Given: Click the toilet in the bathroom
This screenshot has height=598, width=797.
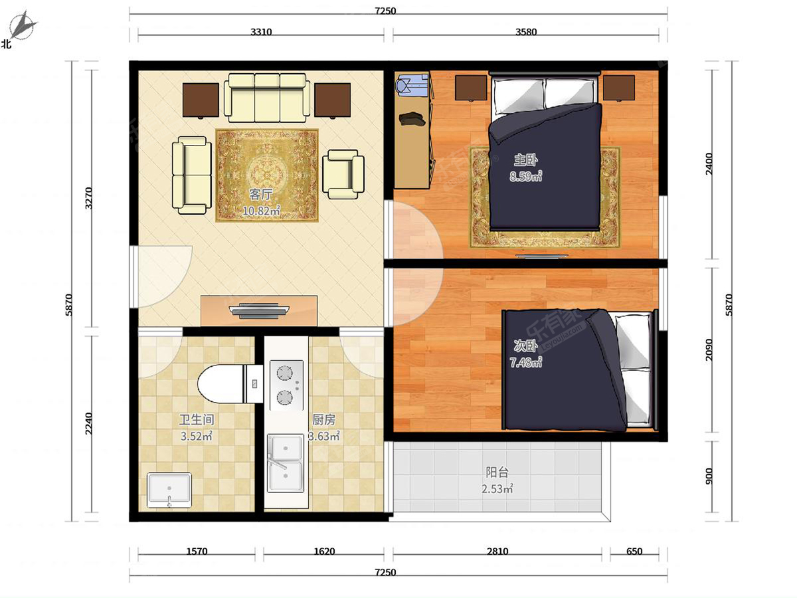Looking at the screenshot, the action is [x=230, y=384].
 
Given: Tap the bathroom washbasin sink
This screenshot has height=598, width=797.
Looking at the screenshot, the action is [x=169, y=490].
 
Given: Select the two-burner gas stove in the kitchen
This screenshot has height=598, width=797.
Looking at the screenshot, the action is [x=286, y=385].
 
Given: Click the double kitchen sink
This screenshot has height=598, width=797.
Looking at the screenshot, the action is [x=286, y=463].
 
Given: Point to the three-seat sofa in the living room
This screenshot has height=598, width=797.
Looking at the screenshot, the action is [x=267, y=98].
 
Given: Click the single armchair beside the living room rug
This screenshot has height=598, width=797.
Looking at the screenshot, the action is [x=343, y=174].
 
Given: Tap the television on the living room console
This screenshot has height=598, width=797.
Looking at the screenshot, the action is [x=259, y=311].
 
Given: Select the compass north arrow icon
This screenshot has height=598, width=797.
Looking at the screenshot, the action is [x=23, y=25].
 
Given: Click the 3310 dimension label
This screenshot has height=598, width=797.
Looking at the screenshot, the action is [x=261, y=32].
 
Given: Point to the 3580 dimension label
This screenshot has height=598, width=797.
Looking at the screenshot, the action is [x=526, y=32].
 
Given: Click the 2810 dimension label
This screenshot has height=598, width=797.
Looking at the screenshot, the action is [x=497, y=551].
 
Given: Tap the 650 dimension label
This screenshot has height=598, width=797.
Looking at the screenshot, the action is [x=634, y=551].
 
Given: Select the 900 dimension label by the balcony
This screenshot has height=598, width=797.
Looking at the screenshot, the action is [x=709, y=476].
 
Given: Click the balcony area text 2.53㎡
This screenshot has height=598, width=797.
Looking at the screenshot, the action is [x=497, y=489].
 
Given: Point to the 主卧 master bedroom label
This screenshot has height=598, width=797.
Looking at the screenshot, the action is [x=526, y=159].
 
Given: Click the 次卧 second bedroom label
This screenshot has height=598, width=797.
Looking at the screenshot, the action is [x=526, y=346].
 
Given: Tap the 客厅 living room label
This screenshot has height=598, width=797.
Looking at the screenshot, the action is [x=261, y=195].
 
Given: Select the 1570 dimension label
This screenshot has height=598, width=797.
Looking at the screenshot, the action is [x=197, y=551].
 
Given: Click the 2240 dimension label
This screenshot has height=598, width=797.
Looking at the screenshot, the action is [x=88, y=423].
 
